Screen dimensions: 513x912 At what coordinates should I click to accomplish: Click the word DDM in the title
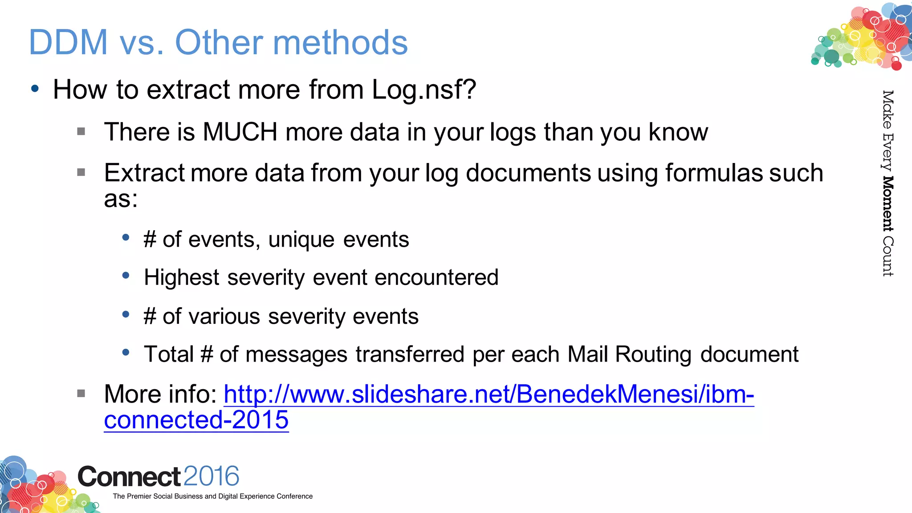click(x=68, y=42)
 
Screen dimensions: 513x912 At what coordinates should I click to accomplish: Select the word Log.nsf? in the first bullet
click(x=423, y=90)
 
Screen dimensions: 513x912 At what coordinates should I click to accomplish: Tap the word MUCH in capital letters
click(x=240, y=132)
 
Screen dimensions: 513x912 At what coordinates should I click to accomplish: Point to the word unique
click(x=301, y=240)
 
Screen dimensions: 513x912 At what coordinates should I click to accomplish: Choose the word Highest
click(x=182, y=278)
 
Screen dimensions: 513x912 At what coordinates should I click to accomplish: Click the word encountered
click(x=436, y=277)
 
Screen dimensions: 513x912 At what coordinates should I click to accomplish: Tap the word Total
click(x=169, y=354)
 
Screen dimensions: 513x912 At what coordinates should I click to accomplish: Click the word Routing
click(x=653, y=355)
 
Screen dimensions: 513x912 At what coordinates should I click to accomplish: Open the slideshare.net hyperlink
click(x=489, y=395)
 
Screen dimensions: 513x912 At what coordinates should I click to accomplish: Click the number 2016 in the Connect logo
click(x=211, y=476)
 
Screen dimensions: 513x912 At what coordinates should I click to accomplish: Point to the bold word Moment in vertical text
click(x=888, y=204)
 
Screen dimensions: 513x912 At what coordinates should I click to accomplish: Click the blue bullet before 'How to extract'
click(x=35, y=88)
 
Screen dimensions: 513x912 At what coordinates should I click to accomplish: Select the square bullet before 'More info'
click(x=81, y=393)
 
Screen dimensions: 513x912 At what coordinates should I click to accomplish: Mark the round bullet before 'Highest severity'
click(x=126, y=276)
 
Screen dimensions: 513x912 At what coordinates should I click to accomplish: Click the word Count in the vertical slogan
click(x=888, y=256)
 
